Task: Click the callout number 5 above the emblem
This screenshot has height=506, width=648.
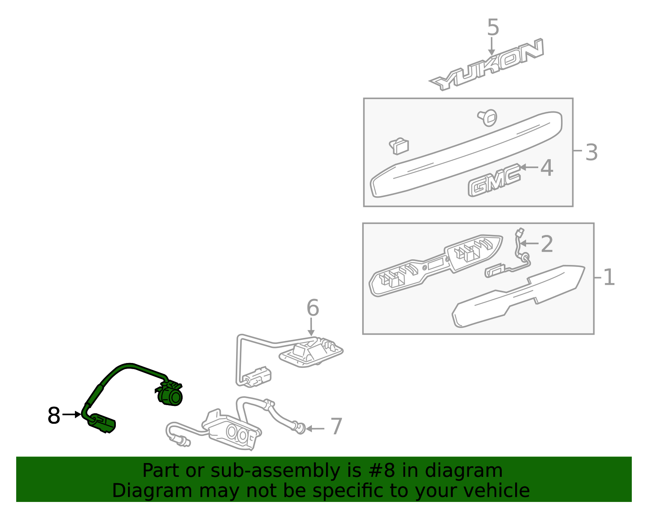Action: click(x=493, y=28)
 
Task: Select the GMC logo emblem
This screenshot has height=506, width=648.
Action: click(x=494, y=180)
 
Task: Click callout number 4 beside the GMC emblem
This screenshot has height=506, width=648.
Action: click(x=547, y=168)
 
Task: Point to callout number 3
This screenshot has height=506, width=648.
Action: click(x=591, y=152)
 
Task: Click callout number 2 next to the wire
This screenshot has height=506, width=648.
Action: click(x=547, y=244)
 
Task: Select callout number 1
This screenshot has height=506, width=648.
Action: click(x=609, y=277)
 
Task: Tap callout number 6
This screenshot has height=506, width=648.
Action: click(x=313, y=308)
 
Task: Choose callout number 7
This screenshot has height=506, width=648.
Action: click(x=337, y=426)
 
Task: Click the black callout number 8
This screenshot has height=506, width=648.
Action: click(x=54, y=416)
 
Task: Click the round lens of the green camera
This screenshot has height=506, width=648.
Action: click(x=175, y=397)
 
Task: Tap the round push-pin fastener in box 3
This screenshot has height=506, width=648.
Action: click(x=488, y=117)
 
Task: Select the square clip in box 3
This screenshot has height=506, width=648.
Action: click(x=399, y=146)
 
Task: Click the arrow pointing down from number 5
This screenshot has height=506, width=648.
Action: click(x=491, y=46)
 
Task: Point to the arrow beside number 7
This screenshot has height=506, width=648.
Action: click(x=315, y=429)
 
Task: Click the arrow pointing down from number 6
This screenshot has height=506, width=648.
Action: click(x=311, y=327)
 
